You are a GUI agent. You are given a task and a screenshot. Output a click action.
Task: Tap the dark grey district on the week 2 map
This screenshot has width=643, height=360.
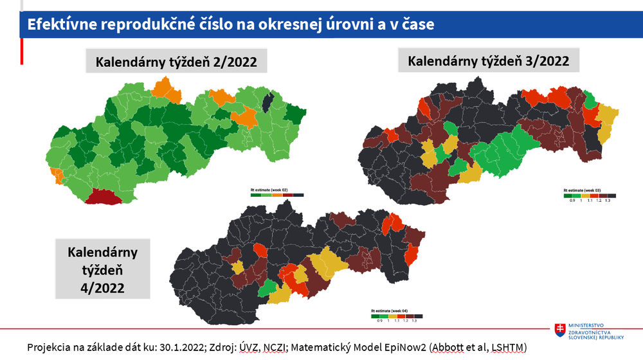[268, 102]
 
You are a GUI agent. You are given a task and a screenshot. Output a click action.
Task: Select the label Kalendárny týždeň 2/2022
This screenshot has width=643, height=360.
[176, 62]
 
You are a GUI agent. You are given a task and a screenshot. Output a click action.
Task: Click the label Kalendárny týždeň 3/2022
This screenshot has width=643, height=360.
[489, 61]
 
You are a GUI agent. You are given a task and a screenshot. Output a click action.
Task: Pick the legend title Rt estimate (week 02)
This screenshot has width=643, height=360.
[269, 190]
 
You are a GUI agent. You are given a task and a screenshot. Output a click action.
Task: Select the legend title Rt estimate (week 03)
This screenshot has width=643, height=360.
[582, 190]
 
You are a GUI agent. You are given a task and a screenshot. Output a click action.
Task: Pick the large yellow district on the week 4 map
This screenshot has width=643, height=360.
[327, 265]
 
